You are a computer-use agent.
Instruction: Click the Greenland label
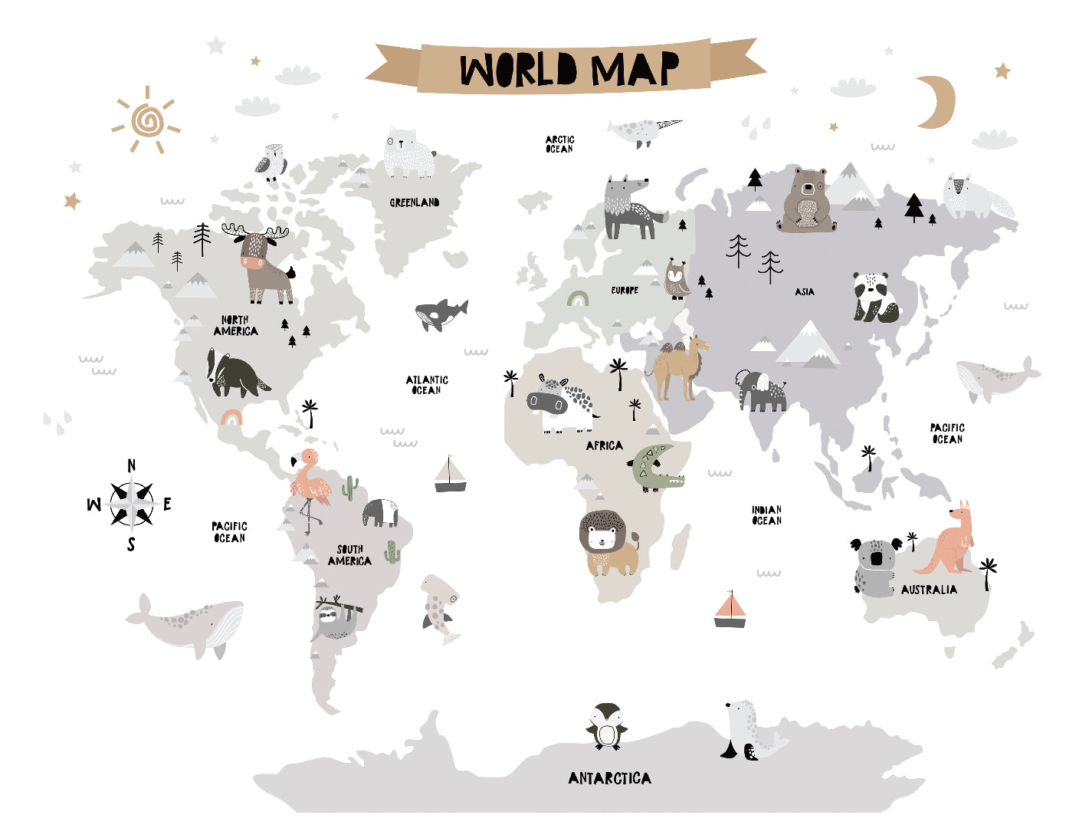point(415,202)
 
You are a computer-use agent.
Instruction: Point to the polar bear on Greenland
point(408,153)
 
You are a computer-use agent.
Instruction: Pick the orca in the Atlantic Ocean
point(439,314)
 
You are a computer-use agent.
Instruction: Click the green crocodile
point(655,469)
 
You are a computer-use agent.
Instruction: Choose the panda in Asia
point(875,297)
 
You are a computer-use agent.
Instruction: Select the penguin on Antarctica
point(607,726)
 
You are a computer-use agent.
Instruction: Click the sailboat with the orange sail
point(730,610)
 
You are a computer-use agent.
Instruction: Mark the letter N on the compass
point(132,465)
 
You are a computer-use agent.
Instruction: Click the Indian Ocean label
point(766,515)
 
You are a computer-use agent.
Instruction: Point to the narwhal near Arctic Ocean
point(642,130)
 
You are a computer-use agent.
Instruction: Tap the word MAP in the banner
point(635,70)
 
